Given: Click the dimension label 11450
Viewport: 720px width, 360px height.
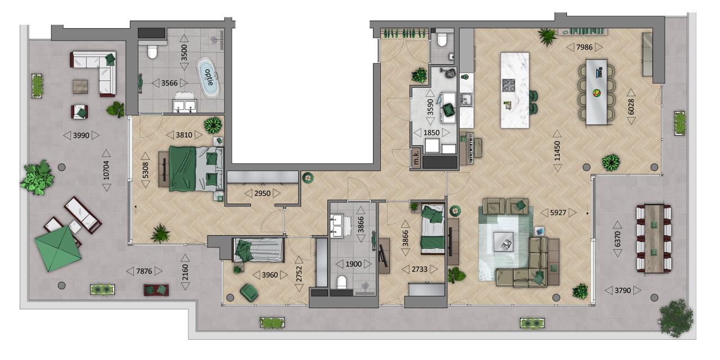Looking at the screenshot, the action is pyautogui.click(x=557, y=151).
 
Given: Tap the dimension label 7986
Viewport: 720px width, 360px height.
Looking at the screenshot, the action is pyautogui.click(x=584, y=47).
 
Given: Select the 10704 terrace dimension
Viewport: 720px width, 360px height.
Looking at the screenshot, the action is pyautogui.click(x=106, y=170).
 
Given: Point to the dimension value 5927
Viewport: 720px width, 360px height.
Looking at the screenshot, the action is pyautogui.click(x=558, y=213).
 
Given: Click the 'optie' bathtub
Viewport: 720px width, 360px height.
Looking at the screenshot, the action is pyautogui.click(x=208, y=78).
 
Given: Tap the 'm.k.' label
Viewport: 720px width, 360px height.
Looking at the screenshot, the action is pyautogui.click(x=416, y=159).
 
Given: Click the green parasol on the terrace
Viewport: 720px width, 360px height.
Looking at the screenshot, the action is pyautogui.click(x=58, y=249).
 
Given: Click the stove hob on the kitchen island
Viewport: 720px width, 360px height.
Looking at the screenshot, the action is pyautogui.click(x=508, y=85).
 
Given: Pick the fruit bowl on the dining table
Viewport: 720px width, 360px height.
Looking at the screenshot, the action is pyautogui.click(x=597, y=93).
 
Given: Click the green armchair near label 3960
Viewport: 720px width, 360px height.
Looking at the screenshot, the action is pyautogui.click(x=249, y=292).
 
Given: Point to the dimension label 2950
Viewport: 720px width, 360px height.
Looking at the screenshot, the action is pyautogui.click(x=262, y=193).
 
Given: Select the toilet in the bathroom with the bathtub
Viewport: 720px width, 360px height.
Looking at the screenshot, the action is pyautogui.click(x=152, y=51).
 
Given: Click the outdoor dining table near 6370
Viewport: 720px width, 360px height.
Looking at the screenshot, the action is pyautogui.click(x=654, y=238).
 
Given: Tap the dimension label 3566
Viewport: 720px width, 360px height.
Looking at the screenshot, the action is pyautogui.click(x=169, y=83).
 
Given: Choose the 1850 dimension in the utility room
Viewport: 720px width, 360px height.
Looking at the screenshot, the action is pyautogui.click(x=431, y=133).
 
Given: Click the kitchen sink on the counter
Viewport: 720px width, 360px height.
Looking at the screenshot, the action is pyautogui.click(x=466, y=100).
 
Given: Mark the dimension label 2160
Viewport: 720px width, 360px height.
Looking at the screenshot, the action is pyautogui.click(x=185, y=272).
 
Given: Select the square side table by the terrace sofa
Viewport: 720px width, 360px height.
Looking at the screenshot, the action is pyautogui.click(x=80, y=87).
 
